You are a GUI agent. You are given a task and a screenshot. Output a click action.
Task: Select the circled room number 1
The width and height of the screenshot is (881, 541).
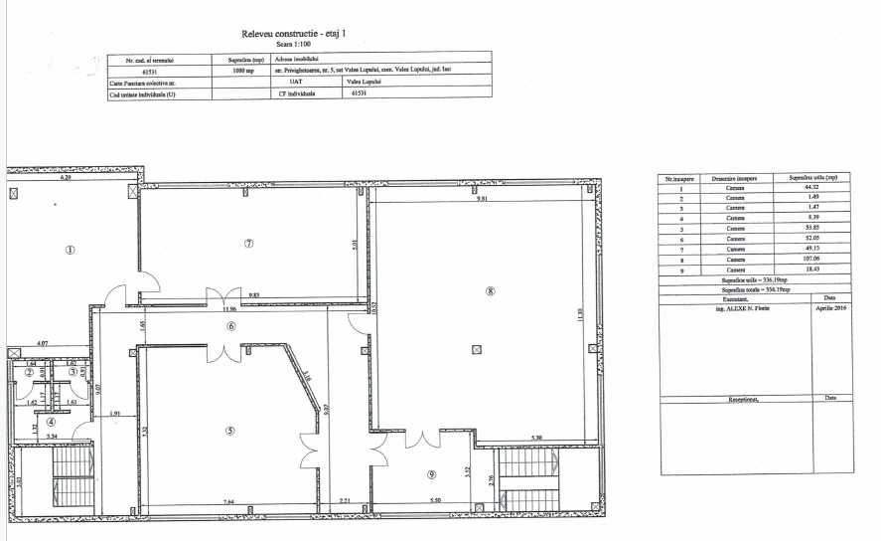[x=71, y=250]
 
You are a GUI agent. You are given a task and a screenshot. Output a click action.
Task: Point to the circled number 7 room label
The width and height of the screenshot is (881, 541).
[x=249, y=243]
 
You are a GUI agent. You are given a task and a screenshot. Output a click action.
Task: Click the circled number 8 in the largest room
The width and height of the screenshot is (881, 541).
[x=490, y=290]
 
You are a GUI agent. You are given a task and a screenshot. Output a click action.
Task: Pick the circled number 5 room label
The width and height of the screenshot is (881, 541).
[x=229, y=431]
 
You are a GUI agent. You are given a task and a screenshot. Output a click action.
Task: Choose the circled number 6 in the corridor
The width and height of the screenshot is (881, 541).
[x=230, y=326]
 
